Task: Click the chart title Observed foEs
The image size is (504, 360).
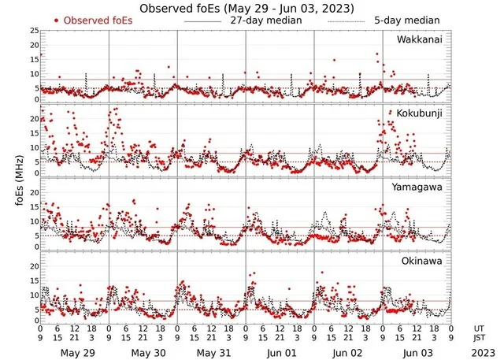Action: (246, 8)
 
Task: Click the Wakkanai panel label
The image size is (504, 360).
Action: (420, 38)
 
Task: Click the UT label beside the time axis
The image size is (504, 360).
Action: (479, 327)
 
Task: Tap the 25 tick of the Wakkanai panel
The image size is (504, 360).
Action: (33, 31)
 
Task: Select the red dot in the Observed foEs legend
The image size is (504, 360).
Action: (57, 20)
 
